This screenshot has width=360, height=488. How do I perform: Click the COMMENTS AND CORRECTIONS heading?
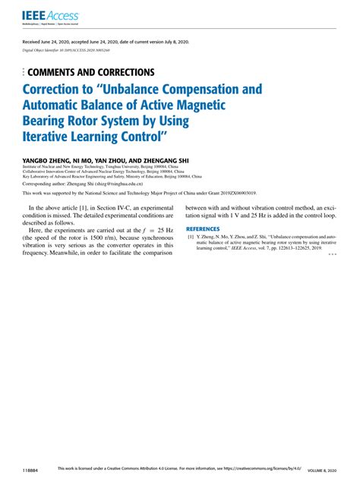tap(90, 72)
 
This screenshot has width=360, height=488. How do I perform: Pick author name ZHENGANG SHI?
tap(166, 161)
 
